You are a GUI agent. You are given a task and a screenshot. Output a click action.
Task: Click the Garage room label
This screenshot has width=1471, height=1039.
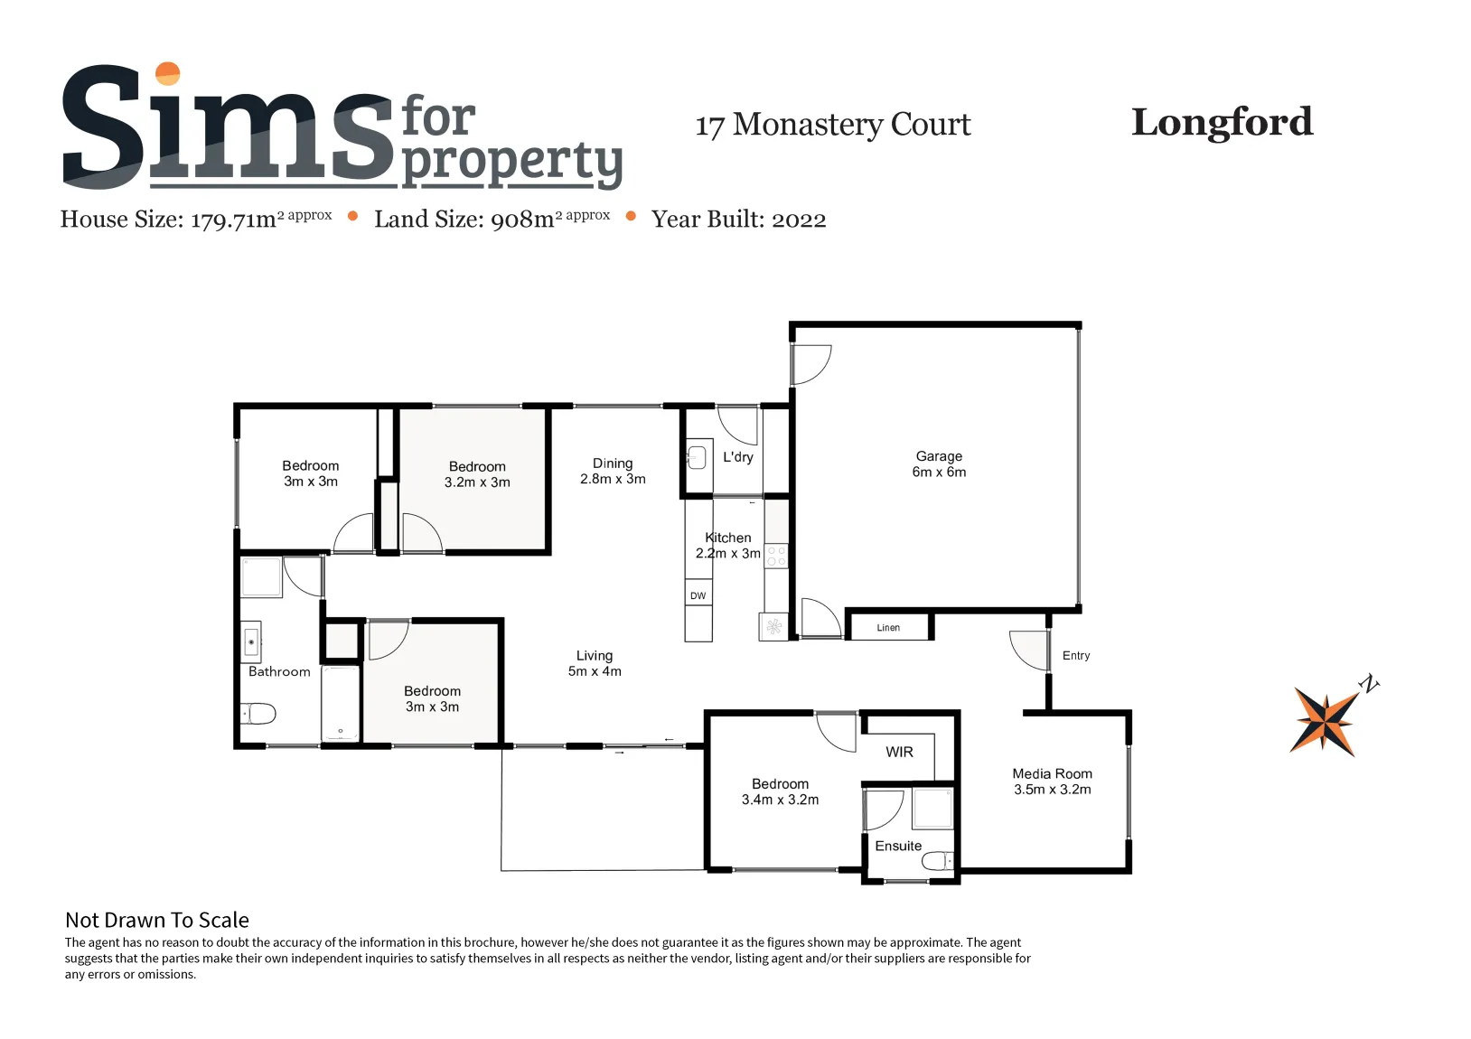pos(939,455)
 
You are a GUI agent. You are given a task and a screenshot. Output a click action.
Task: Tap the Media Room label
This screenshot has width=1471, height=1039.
pos(1052,773)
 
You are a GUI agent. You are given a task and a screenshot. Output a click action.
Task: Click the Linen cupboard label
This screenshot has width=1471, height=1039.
pos(888,627)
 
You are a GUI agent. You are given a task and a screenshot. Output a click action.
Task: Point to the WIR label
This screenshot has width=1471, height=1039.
pos(899,752)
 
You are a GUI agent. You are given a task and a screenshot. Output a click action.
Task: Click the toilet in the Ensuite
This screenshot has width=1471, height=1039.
pos(938,860)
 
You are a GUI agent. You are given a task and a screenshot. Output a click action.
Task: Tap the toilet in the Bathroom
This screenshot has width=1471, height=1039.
pos(258,713)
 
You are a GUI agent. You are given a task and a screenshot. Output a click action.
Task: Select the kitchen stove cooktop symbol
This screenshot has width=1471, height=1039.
pos(776,556)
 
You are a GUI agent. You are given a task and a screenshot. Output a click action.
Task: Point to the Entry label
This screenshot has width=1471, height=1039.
pos(1075,655)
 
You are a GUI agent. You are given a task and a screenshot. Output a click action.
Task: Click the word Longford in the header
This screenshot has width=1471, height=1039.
pos(1223,123)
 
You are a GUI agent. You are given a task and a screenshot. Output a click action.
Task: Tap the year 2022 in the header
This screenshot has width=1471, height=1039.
pos(799,220)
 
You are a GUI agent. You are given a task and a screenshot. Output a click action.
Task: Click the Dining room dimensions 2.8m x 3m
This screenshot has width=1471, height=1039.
pos(613,479)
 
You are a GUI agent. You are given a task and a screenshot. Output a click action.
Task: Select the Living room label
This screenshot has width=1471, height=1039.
pos(595,655)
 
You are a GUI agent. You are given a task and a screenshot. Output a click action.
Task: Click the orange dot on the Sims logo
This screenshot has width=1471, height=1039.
pos(168,73)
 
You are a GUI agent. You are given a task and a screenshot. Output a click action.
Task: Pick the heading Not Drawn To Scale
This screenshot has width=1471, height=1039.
pos(157,920)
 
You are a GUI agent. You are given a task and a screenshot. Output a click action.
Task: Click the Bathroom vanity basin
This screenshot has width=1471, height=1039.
pos(251,641)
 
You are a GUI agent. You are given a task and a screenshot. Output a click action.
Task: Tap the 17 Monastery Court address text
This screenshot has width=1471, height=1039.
pos(833,125)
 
